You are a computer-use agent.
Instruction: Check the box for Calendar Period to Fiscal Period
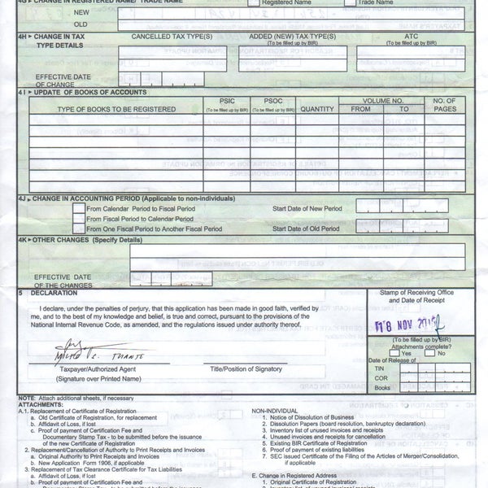tap(78, 207)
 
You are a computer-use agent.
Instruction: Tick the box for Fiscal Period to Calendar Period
tap(78, 219)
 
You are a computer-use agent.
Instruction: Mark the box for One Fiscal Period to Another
tap(78, 230)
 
